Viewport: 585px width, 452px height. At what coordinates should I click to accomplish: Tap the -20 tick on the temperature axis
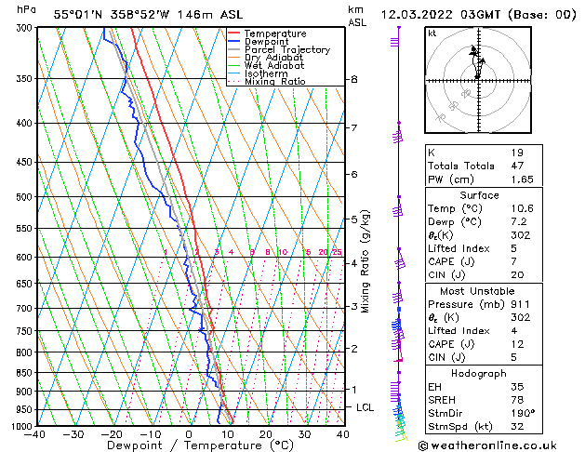point(113,433)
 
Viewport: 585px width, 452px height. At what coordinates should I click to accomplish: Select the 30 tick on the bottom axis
point(304,433)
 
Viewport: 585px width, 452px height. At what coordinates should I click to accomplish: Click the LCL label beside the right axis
point(366,407)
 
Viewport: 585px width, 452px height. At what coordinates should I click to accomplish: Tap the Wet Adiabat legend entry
point(274,66)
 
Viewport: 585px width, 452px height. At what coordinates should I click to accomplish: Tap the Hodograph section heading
point(479,373)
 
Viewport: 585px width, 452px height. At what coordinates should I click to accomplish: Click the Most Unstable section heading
point(479,291)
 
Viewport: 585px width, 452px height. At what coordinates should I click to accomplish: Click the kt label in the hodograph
point(432,33)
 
